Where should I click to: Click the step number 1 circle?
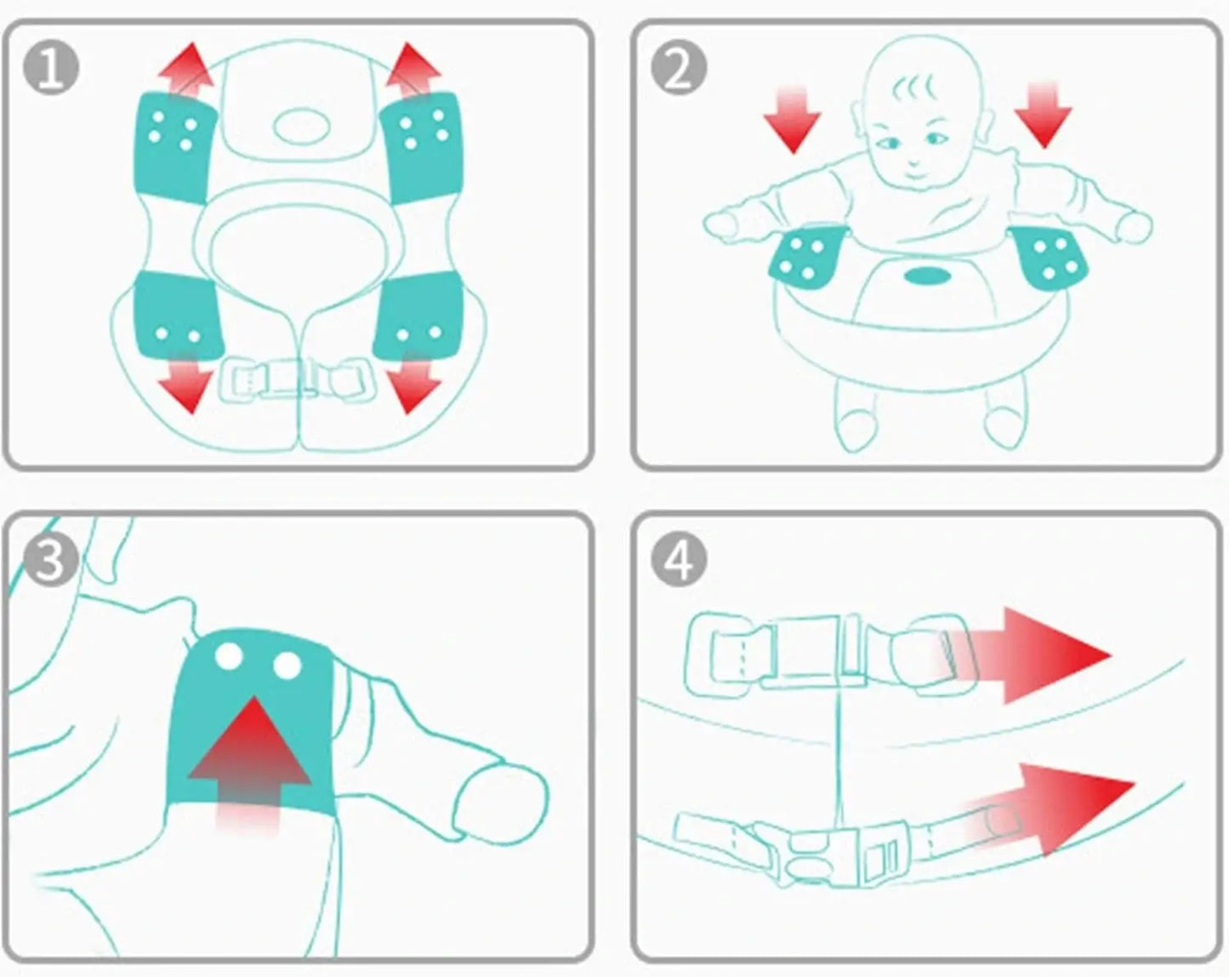click(x=51, y=68)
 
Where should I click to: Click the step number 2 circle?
click(x=679, y=68)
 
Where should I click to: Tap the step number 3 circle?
click(x=51, y=559)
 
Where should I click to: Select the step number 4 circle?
click(x=679, y=559)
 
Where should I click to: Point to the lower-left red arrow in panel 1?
click(x=186, y=383)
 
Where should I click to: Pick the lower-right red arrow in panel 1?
click(x=413, y=383)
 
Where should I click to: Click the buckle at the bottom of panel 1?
click(x=296, y=378)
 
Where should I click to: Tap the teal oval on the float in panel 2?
click(x=928, y=277)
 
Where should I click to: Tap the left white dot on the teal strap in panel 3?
click(x=229, y=656)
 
